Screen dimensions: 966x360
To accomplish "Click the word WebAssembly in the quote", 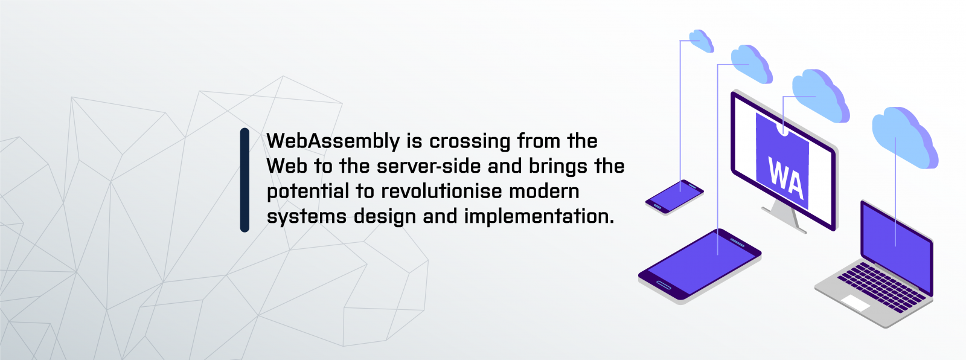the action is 333,141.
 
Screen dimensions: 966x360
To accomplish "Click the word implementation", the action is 539,216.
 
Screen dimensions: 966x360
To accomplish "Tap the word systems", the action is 306,217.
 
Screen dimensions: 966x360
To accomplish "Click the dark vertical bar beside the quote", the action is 245,180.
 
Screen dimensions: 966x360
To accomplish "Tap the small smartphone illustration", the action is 674,197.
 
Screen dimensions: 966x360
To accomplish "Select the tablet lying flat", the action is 700,266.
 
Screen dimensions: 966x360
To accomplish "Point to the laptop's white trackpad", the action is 856,303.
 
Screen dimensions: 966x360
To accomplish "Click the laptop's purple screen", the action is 897,246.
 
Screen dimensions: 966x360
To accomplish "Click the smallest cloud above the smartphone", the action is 701,41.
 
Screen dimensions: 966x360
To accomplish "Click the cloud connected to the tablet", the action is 752,64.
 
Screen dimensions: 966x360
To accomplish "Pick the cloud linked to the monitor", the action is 820,96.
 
